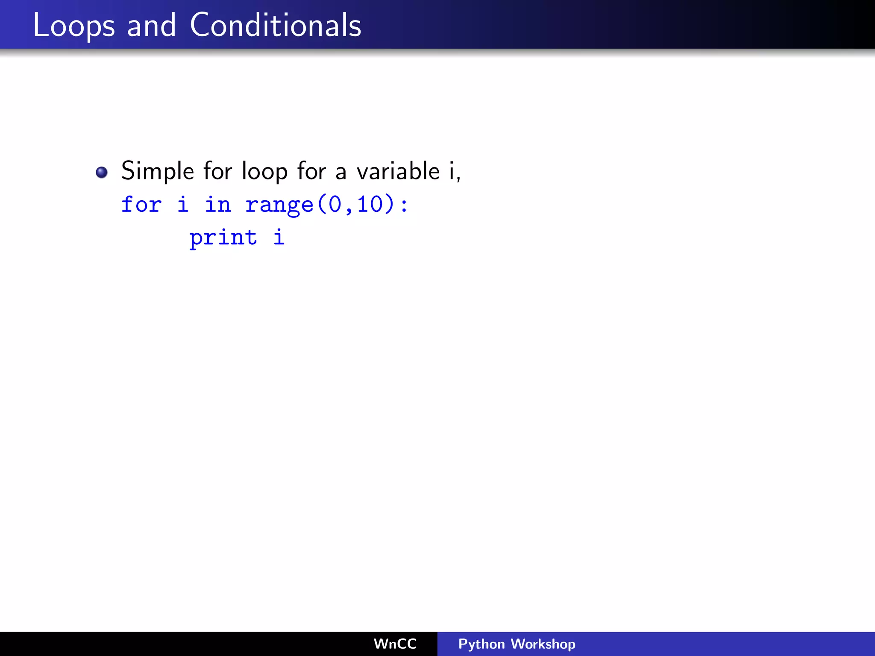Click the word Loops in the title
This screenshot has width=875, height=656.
pyautogui.click(x=73, y=26)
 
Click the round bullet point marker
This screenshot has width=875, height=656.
pyautogui.click(x=102, y=172)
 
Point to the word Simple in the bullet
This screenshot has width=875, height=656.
pyautogui.click(x=158, y=171)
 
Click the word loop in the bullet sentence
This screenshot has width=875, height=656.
pyautogui.click(x=264, y=171)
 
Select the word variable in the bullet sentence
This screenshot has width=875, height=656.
pyautogui.click(x=398, y=171)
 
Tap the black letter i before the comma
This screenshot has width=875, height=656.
pyautogui.click(x=452, y=171)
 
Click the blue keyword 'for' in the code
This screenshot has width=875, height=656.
pyautogui.click(x=141, y=204)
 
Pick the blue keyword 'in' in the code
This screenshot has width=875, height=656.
pyautogui.click(x=218, y=204)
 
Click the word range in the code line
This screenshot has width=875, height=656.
pyautogui.click(x=279, y=205)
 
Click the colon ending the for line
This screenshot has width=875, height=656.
pyautogui.click(x=404, y=205)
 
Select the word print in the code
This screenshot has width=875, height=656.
pyautogui.click(x=223, y=238)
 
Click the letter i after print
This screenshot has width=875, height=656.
pyautogui.click(x=279, y=237)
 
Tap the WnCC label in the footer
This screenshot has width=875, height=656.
pyautogui.click(x=395, y=644)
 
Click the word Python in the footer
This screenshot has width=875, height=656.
pyautogui.click(x=482, y=644)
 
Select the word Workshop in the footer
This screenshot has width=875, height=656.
pyautogui.click(x=543, y=644)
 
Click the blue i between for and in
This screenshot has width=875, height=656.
pyautogui.click(x=183, y=204)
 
